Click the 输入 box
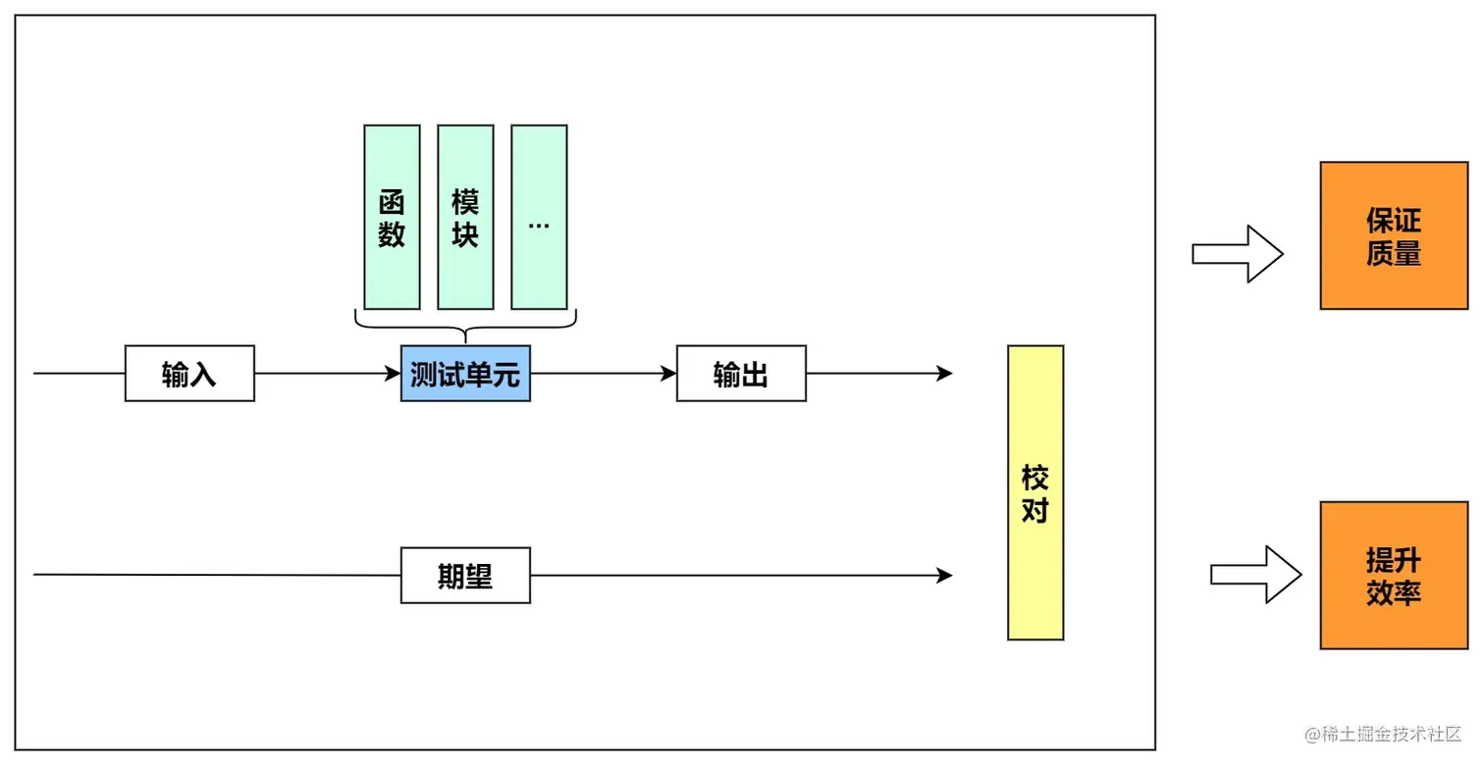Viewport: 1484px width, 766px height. click(x=189, y=374)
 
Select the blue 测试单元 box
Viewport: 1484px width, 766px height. click(x=465, y=374)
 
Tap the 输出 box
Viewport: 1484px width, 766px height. click(x=741, y=374)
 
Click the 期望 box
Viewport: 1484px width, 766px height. click(x=465, y=576)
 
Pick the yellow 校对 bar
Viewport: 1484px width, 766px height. click(x=1035, y=492)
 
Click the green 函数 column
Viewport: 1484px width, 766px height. click(x=392, y=217)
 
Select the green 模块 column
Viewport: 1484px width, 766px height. click(x=465, y=217)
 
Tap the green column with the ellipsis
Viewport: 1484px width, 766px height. click(x=539, y=217)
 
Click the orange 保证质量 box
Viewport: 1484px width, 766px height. click(x=1393, y=236)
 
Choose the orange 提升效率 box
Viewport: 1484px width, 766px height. click(x=1393, y=576)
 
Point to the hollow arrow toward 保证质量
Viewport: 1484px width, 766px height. click(x=1238, y=254)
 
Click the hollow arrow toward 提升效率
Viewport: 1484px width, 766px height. click(x=1255, y=575)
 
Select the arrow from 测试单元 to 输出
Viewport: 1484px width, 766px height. click(x=604, y=374)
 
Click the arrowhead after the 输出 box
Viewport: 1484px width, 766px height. click(x=944, y=374)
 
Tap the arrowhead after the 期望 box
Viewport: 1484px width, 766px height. click(x=944, y=576)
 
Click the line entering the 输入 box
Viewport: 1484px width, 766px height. click(x=79, y=374)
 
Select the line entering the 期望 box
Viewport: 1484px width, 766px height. click(x=216, y=575)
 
